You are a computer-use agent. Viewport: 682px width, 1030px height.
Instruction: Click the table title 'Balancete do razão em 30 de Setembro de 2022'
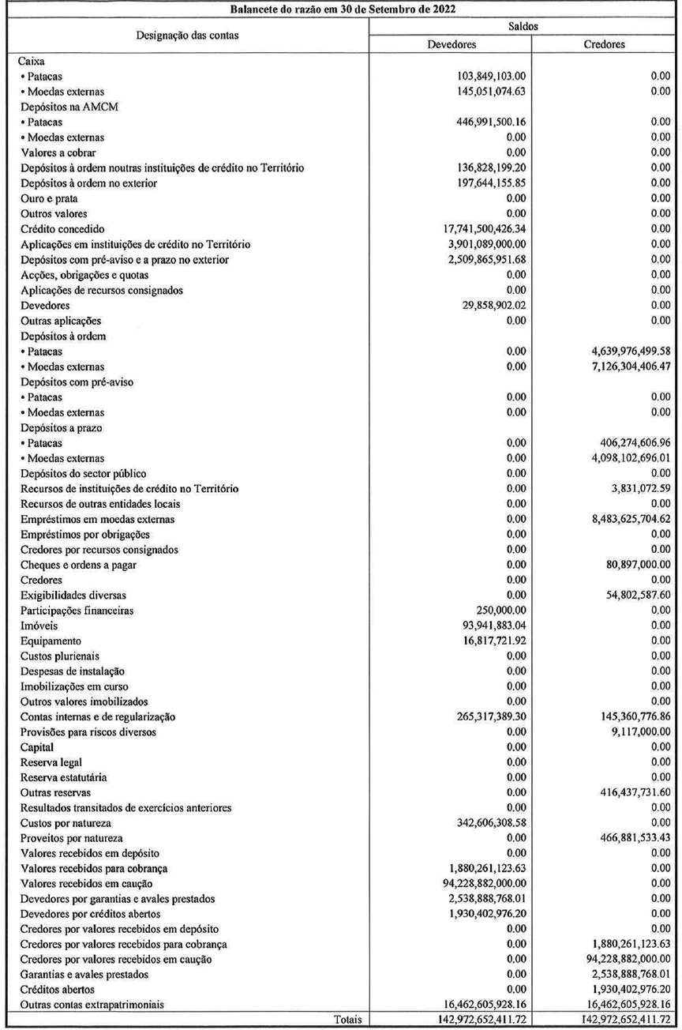[x=342, y=9]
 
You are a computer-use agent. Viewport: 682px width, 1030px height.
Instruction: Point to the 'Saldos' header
[x=526, y=26]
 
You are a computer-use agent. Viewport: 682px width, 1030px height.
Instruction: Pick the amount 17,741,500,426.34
[x=467, y=229]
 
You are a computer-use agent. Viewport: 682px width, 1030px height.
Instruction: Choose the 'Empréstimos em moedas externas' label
[x=97, y=519]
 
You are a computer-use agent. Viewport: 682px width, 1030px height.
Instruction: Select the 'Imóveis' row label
[x=36, y=626]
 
